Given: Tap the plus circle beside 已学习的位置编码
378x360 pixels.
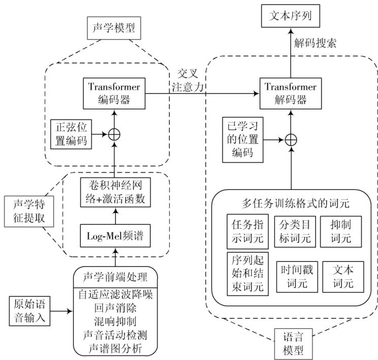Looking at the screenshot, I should (x=291, y=139).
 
